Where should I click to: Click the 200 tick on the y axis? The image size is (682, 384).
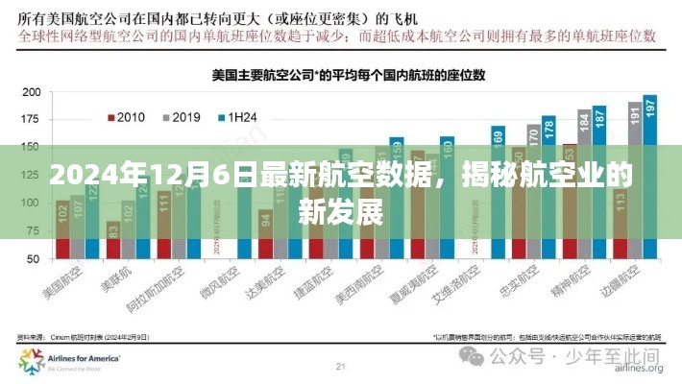[30, 93]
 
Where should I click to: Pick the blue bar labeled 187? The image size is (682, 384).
[599, 182]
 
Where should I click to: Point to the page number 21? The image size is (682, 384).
[341, 366]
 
